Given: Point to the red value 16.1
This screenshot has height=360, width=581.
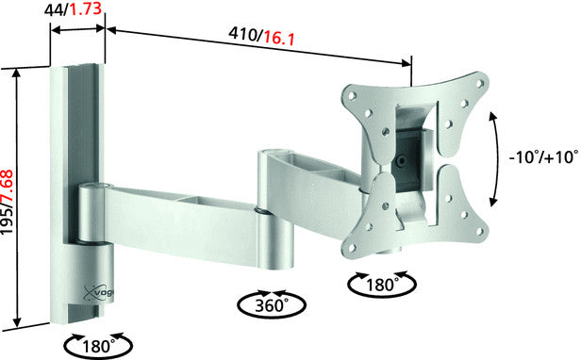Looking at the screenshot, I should pyautogui.click(x=281, y=37).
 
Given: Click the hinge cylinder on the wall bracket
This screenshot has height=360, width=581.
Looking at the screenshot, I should pyautogui.click(x=94, y=215).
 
